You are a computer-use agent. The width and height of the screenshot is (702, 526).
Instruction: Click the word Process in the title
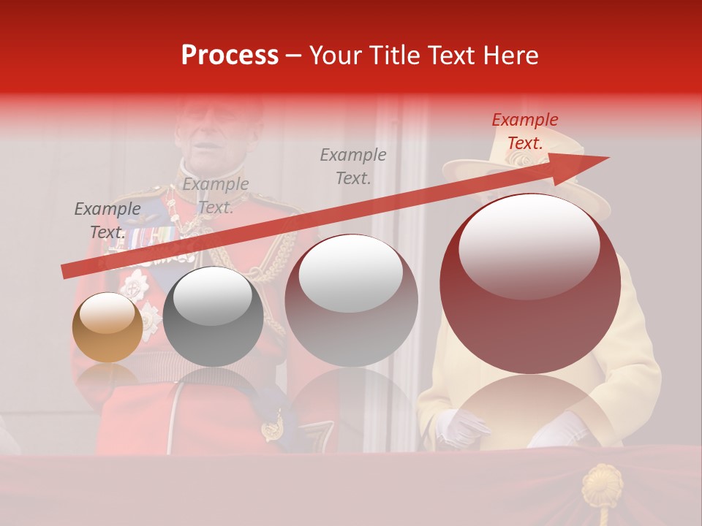[x=230, y=56]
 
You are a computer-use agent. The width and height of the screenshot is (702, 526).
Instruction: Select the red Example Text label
[x=524, y=131]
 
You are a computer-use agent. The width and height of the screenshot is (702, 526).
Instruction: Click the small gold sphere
[x=107, y=327]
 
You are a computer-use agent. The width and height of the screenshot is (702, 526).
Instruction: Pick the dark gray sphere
[x=213, y=316]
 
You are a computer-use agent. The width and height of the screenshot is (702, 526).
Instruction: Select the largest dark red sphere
[x=530, y=283]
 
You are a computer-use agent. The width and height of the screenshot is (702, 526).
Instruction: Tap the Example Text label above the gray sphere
[x=215, y=196]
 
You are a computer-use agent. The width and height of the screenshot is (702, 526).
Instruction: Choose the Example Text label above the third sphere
[x=353, y=167]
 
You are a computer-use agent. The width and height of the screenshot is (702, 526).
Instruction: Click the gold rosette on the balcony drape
[x=602, y=484]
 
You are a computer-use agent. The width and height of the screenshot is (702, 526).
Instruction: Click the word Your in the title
[x=336, y=56]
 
